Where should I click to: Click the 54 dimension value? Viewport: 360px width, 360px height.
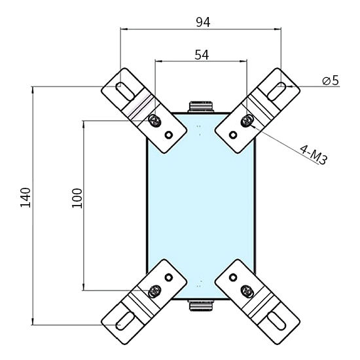202,55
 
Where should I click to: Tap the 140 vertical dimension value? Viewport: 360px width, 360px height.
26,197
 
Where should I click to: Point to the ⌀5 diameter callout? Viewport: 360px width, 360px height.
330,81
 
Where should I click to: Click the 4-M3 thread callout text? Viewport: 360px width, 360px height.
312,154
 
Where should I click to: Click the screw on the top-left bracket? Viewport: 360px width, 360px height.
155,120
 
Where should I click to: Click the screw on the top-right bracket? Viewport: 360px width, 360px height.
247,120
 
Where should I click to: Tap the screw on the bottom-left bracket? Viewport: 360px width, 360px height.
155,291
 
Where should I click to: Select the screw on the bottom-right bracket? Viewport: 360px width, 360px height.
247,291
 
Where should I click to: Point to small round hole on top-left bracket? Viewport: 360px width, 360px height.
169,135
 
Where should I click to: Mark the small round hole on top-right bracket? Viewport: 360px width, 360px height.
232,135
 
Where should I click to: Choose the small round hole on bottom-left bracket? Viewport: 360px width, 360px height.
169,277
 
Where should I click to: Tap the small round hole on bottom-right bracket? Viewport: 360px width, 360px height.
232,277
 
